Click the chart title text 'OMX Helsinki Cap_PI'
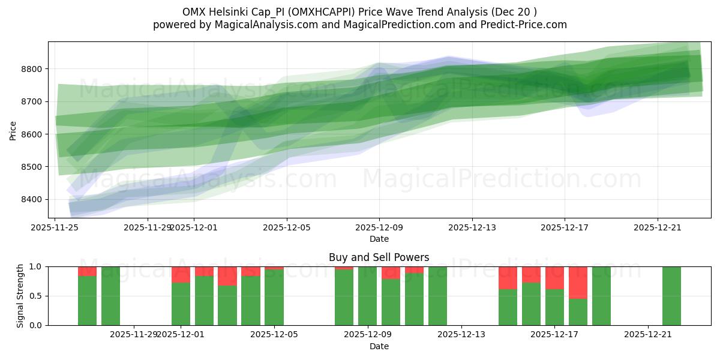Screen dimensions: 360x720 point(234,12)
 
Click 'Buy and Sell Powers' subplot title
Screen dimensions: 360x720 point(379,257)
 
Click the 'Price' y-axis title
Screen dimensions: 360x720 point(13,130)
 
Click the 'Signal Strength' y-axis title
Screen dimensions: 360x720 point(20,296)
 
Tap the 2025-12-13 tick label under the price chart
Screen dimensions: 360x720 point(472,227)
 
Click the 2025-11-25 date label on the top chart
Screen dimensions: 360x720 point(56,227)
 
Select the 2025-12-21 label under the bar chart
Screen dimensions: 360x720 point(648,334)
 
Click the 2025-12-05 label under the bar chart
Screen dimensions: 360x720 point(274,334)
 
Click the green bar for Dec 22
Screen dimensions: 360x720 point(671,296)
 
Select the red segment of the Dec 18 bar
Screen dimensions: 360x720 point(578,282)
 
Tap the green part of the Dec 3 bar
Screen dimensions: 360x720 point(227,306)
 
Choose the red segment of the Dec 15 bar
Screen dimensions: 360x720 point(508,277)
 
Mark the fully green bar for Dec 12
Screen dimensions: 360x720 point(437,296)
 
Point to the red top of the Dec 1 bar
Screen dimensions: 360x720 point(181,274)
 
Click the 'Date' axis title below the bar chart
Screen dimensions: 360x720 point(379,346)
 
